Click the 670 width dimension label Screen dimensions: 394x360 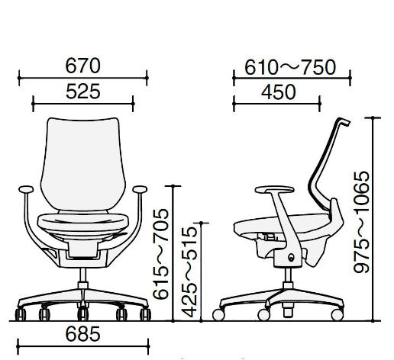(x=83, y=66)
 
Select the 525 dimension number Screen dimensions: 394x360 (x=83, y=92)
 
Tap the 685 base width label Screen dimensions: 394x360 (x=83, y=334)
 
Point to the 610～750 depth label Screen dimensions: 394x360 (x=290, y=67)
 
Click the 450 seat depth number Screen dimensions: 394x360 (x=279, y=92)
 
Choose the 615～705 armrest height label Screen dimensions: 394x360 (x=160, y=254)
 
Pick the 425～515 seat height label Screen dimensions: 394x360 (x=189, y=272)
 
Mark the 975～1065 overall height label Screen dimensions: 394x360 (x=361, y=222)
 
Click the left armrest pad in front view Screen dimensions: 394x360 (x=26, y=189)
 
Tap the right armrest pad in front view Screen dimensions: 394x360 (x=140, y=189)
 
